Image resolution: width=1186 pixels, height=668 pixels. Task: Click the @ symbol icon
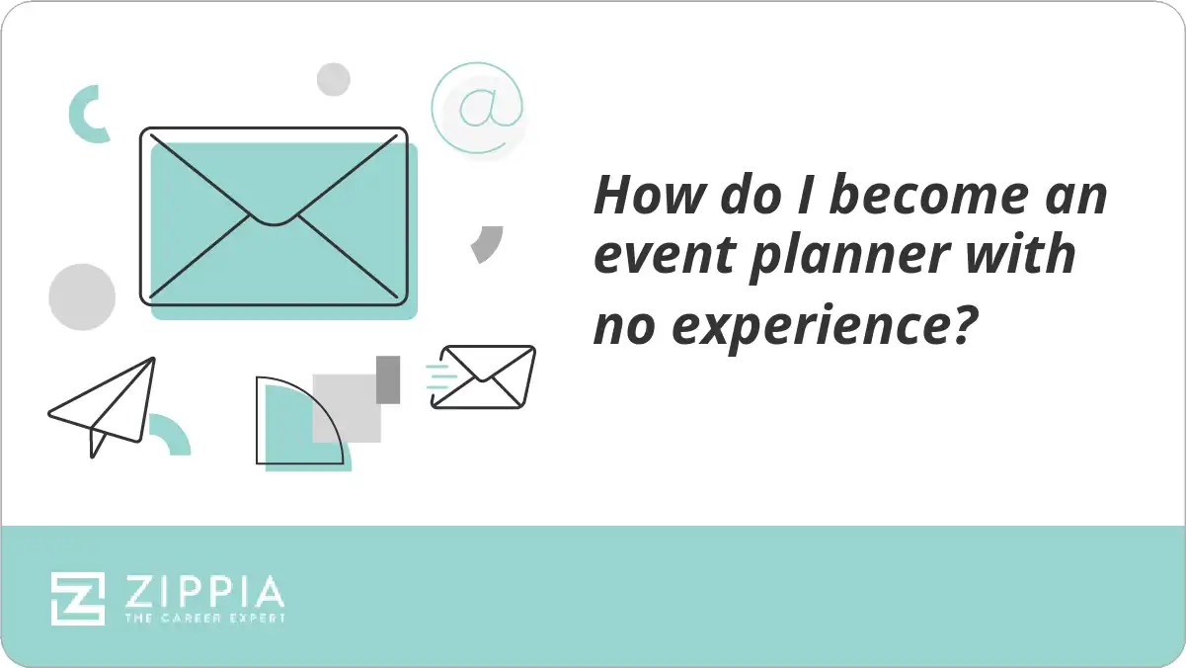click(x=478, y=108)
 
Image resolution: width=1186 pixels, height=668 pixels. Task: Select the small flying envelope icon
click(x=484, y=376)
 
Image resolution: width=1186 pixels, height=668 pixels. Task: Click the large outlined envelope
click(x=274, y=215)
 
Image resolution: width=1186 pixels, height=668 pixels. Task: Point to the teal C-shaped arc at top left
click(x=83, y=113)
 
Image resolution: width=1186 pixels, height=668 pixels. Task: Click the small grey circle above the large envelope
click(x=334, y=79)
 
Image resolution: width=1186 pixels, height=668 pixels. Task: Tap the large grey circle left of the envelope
click(x=82, y=296)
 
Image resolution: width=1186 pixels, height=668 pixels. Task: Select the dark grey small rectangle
click(x=388, y=379)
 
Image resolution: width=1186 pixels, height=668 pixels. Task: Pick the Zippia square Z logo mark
click(x=78, y=598)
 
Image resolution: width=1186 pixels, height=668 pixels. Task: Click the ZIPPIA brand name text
click(x=203, y=592)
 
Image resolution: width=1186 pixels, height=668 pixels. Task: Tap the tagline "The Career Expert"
click(x=203, y=619)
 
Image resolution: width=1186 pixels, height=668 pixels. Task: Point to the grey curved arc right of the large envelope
click(x=488, y=243)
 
